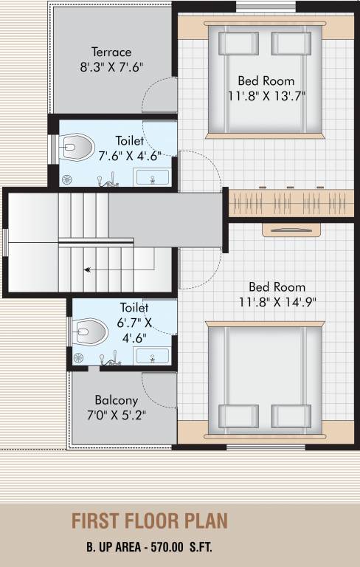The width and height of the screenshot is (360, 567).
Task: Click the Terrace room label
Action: [x=111, y=52]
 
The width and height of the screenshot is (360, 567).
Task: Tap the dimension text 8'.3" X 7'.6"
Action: [x=111, y=66]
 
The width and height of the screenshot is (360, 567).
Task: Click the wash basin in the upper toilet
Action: [x=152, y=177]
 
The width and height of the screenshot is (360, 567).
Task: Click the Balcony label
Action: [x=117, y=400]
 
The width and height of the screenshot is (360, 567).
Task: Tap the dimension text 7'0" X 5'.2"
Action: [x=117, y=415]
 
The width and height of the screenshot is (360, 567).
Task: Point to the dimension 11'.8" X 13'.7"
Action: [x=266, y=95]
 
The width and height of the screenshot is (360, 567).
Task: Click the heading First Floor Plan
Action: [x=150, y=521]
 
